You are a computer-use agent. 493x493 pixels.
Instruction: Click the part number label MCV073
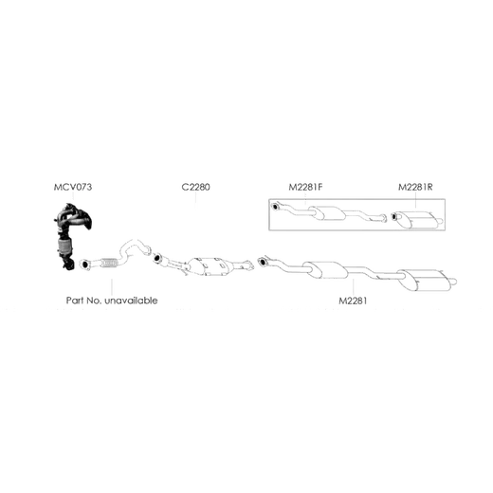pyautogui.click(x=73, y=187)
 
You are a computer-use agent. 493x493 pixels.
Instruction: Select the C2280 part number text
pyautogui.click(x=195, y=187)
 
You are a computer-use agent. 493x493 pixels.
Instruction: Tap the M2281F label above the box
pyautogui.click(x=305, y=187)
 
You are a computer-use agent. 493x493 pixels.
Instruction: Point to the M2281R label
pyautogui.click(x=415, y=187)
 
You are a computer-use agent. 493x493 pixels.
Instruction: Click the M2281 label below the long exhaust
pyautogui.click(x=353, y=301)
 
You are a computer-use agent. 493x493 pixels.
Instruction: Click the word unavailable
pyautogui.click(x=131, y=301)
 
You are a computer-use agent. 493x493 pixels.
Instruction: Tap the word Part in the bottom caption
pyautogui.click(x=75, y=301)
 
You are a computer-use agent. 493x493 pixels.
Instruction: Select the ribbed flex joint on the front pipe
pyautogui.click(x=109, y=263)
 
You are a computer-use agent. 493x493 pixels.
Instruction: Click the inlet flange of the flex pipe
pyautogui.click(x=84, y=265)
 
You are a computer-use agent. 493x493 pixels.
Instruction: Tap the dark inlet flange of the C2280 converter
pyautogui.click(x=157, y=258)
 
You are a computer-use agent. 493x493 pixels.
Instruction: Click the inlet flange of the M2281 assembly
pyautogui.click(x=262, y=262)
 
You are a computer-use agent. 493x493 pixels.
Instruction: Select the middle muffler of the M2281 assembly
pyautogui.click(x=325, y=270)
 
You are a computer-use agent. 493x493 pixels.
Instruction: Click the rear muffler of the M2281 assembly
pyautogui.click(x=420, y=280)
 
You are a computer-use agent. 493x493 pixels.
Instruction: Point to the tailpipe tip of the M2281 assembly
pyautogui.click(x=452, y=282)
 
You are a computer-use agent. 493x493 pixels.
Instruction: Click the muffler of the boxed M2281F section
pyautogui.click(x=327, y=213)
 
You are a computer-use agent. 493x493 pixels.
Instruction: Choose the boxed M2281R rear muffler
pyautogui.click(x=417, y=220)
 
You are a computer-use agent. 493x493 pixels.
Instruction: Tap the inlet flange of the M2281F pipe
pyautogui.click(x=275, y=207)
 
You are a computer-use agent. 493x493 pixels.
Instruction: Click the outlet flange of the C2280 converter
pyautogui.click(x=249, y=265)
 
